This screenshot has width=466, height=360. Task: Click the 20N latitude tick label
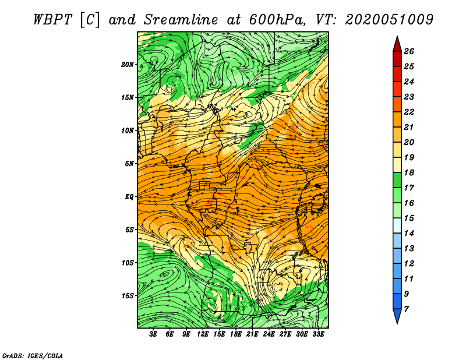click(128, 65)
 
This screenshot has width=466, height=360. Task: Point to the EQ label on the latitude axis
click(129, 197)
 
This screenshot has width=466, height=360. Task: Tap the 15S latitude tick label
click(128, 296)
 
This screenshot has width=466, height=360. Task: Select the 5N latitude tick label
click(129, 164)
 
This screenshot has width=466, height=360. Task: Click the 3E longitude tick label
click(153, 334)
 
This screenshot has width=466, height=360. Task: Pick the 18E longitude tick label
click(236, 334)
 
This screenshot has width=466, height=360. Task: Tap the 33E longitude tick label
click(318, 334)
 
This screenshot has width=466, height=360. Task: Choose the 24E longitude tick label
click(269, 334)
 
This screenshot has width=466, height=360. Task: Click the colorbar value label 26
click(409, 51)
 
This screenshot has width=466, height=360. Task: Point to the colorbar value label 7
click(407, 309)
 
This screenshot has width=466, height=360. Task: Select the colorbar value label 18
click(409, 172)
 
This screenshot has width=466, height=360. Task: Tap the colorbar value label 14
click(409, 234)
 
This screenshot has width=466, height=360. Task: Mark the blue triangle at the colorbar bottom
click(397, 315)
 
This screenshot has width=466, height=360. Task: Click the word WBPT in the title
click(52, 20)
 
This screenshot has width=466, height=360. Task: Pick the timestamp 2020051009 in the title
click(389, 20)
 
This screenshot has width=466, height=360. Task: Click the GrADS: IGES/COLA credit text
click(33, 355)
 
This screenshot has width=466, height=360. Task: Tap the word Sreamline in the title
click(181, 20)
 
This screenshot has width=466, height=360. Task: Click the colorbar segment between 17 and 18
click(397, 180)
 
